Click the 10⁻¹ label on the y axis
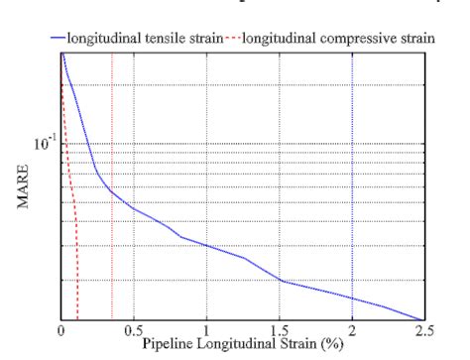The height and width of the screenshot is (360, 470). (43, 145)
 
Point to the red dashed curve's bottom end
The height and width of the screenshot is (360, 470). (77, 318)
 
